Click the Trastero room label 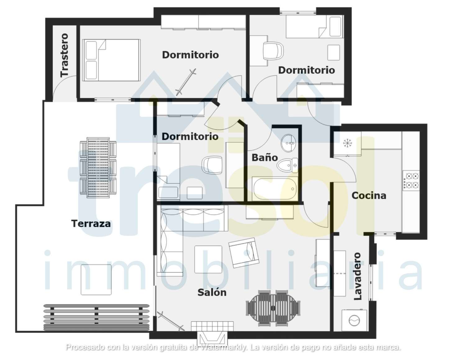[64, 55]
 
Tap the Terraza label [91, 224]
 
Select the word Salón [212, 293]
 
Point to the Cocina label [369, 196]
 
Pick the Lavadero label [358, 276]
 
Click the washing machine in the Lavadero [354, 320]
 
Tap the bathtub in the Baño [275, 189]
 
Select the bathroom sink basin [288, 143]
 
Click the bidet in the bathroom [287, 165]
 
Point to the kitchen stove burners [411, 180]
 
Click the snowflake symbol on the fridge [347, 143]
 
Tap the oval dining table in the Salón [273, 308]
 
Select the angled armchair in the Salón [244, 253]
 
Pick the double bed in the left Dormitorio [111, 60]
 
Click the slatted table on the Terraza [98, 168]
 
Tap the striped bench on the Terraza [97, 317]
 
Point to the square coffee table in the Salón [208, 259]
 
